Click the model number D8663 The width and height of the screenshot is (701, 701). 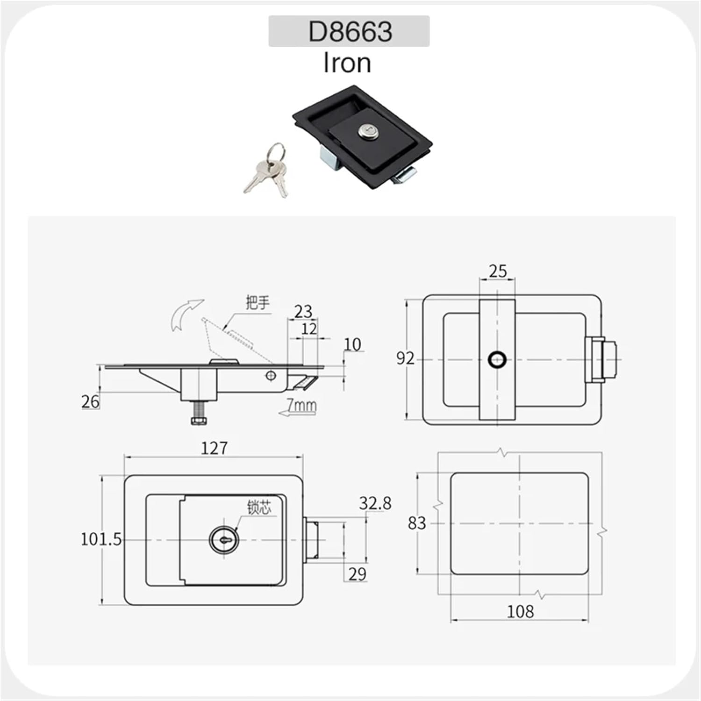(350, 31)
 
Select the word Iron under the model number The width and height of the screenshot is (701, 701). (347, 63)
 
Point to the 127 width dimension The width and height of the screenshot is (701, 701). (214, 448)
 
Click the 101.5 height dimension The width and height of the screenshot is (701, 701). (101, 539)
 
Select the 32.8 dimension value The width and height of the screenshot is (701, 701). (375, 503)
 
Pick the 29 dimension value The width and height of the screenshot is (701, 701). (357, 574)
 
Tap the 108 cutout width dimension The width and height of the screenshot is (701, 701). (520, 611)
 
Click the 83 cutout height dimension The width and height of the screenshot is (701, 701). (416, 522)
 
